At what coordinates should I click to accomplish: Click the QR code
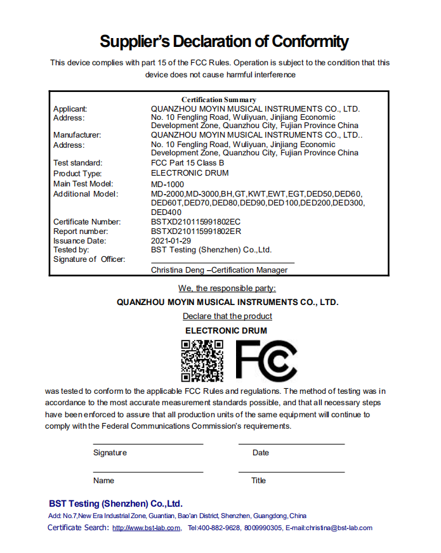202,361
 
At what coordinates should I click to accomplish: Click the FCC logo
266,361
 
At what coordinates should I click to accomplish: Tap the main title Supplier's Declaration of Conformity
224,42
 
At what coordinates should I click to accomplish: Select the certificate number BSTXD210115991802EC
195,222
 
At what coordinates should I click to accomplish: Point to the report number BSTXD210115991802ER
195,231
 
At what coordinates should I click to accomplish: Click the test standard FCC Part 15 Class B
188,163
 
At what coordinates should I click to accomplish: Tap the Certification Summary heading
219,100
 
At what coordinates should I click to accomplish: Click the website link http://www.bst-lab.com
146,528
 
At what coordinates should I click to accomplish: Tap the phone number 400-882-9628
219,528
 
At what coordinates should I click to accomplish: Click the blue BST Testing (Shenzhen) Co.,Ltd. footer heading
115,504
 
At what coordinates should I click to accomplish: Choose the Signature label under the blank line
110,453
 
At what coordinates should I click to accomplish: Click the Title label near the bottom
258,481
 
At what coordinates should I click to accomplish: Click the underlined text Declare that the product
227,316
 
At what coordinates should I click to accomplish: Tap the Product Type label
77,174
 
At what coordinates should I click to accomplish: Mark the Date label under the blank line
261,453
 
